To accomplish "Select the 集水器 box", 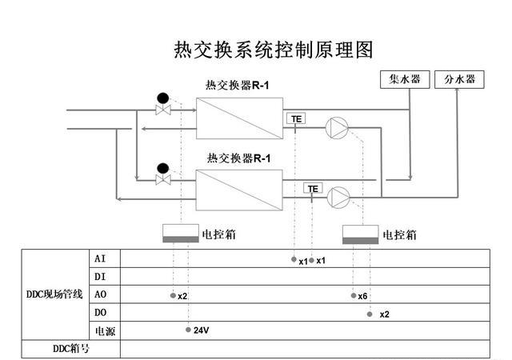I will tap(404, 79).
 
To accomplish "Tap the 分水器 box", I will tap(459, 79).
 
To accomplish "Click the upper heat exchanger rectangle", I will tap(239, 118).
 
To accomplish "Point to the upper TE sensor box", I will tap(296, 118).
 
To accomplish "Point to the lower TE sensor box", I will tap(313, 189).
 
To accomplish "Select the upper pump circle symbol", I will tap(336, 126).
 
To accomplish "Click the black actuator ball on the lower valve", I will tap(163, 167).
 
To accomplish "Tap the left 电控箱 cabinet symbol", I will tap(180, 234).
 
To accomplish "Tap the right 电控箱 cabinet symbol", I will tap(361, 234).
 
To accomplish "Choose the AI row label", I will tap(100, 258).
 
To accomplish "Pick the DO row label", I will tap(100, 312).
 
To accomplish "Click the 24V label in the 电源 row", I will tap(201, 330).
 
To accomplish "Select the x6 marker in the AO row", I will tap(362, 296).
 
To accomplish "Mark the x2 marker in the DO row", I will tap(384, 314).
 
